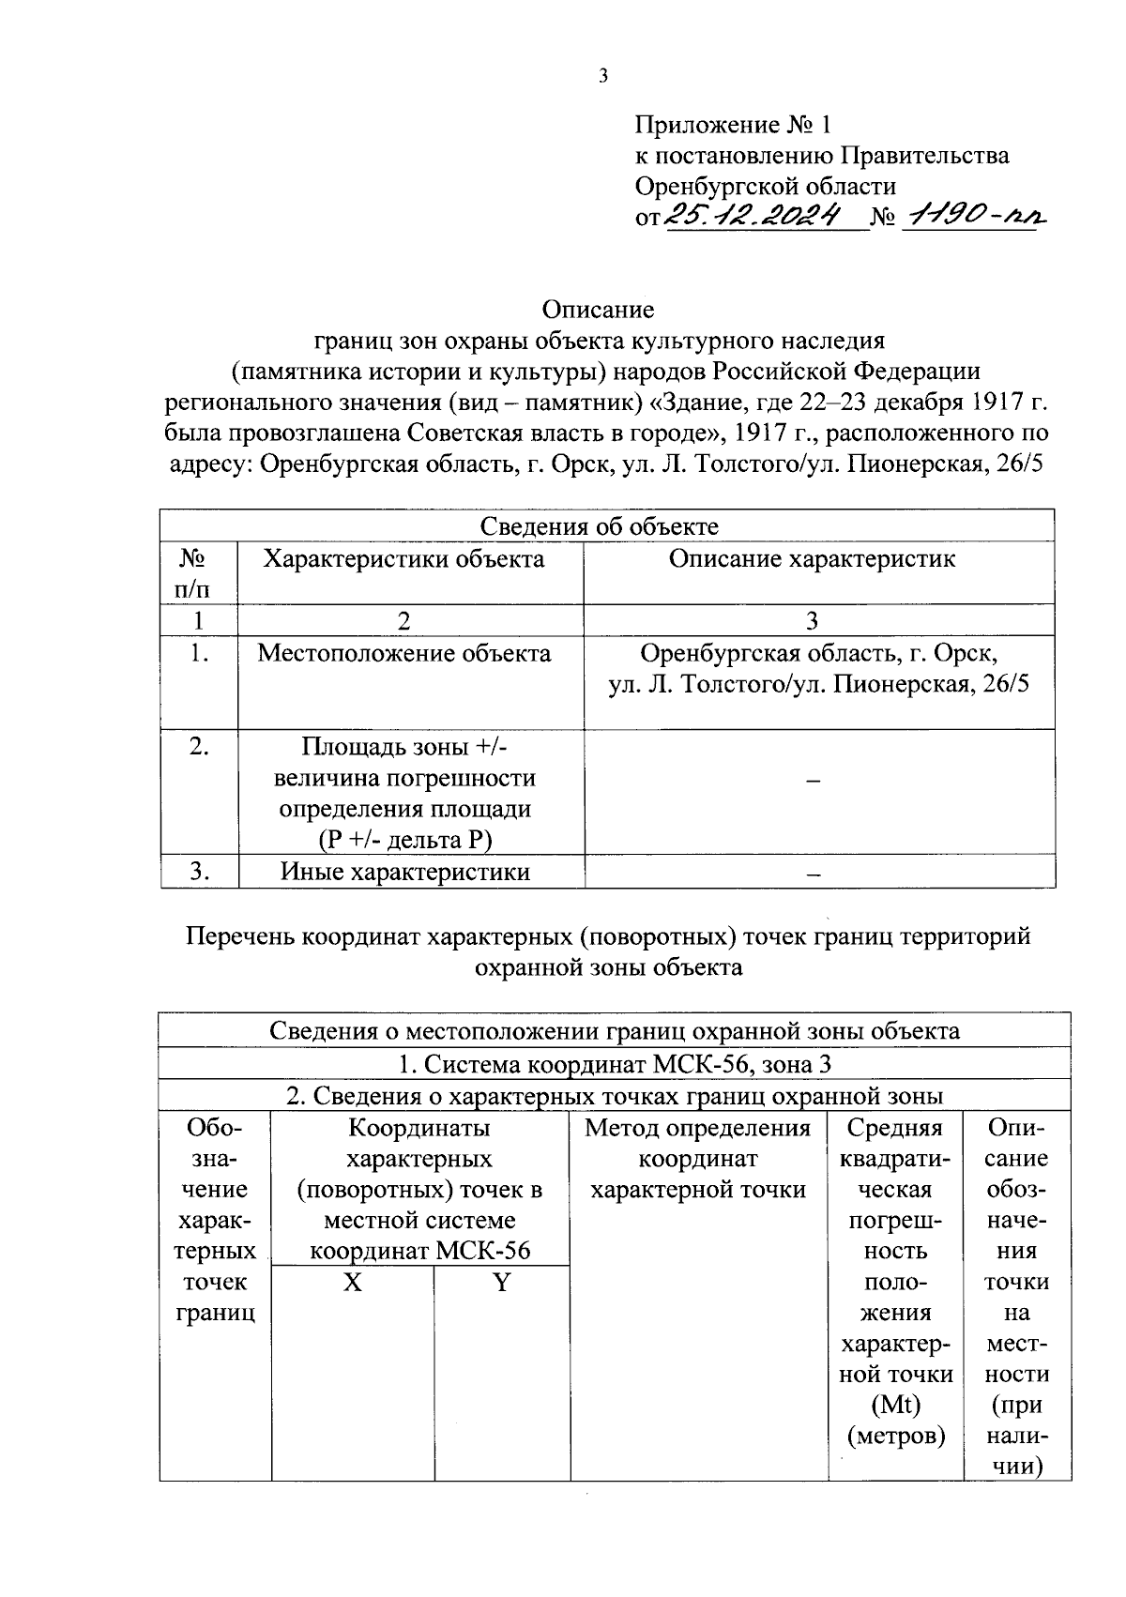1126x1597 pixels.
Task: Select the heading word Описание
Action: pos(598,309)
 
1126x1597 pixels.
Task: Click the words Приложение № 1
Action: pos(733,125)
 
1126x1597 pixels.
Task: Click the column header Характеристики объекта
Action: pos(403,559)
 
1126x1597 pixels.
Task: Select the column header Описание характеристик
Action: pos(812,559)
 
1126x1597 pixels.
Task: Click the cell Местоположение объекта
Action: pos(404,653)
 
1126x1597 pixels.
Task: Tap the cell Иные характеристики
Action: pos(405,872)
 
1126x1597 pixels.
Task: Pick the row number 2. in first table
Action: pos(198,747)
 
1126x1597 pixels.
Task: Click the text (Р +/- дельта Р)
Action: pos(399,840)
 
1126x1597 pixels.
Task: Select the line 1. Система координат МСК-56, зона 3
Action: pos(615,1064)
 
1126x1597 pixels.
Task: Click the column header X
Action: pos(352,1282)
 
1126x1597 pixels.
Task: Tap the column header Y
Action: pos(502,1282)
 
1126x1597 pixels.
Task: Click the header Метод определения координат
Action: pos(698,1143)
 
